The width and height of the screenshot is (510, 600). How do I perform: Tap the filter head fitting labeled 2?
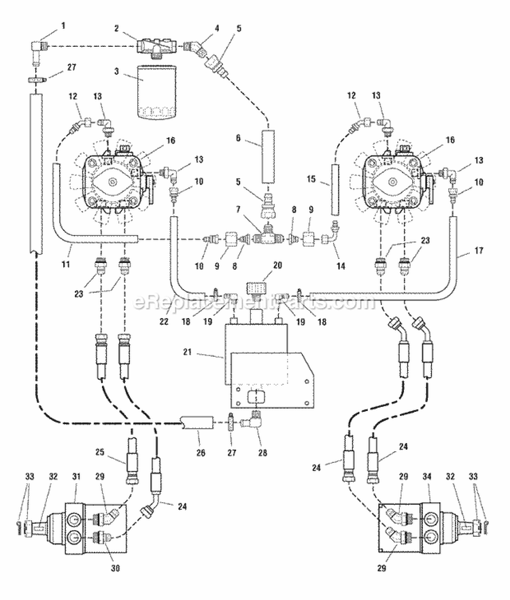coord(156,47)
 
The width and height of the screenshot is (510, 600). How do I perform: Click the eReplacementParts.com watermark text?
coord(254,302)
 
